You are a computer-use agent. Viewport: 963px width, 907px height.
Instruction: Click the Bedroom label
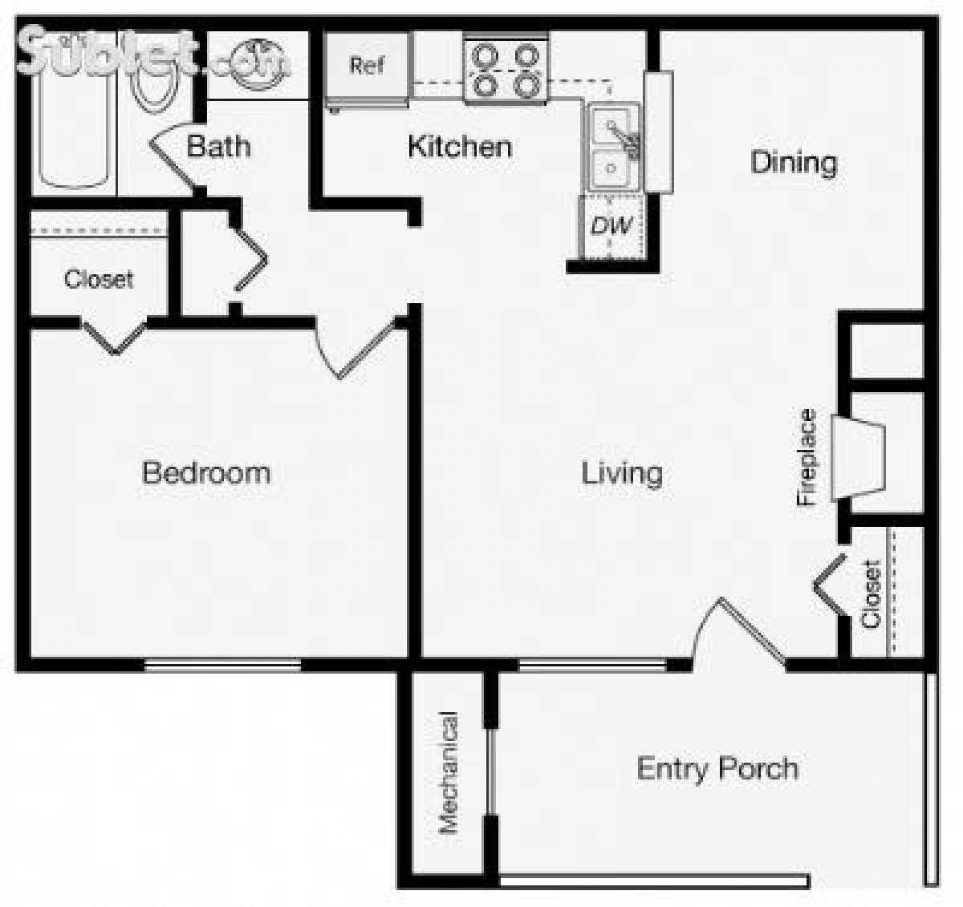pyautogui.click(x=206, y=472)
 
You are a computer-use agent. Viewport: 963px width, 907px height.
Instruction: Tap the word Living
pyautogui.click(x=622, y=473)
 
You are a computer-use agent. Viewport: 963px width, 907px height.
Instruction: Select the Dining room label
pyautogui.click(x=794, y=163)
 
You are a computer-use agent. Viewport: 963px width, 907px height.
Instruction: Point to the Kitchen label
pyautogui.click(x=460, y=147)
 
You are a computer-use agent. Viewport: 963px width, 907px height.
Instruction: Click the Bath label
pyautogui.click(x=218, y=147)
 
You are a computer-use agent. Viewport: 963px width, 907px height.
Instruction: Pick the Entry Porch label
pyautogui.click(x=717, y=768)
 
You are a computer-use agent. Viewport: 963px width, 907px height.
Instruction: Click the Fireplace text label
pyautogui.click(x=807, y=457)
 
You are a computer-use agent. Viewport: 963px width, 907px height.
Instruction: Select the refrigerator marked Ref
pyautogui.click(x=368, y=67)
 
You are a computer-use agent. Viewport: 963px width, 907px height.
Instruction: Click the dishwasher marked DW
pyautogui.click(x=612, y=226)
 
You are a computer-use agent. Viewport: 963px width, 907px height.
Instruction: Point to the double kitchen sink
pyautogui.click(x=612, y=148)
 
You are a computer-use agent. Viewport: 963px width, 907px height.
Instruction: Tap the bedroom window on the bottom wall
pyautogui.click(x=223, y=665)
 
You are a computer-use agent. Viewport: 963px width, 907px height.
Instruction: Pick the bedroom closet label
pyautogui.click(x=99, y=279)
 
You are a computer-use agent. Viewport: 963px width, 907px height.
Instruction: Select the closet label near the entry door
pyautogui.click(x=871, y=593)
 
